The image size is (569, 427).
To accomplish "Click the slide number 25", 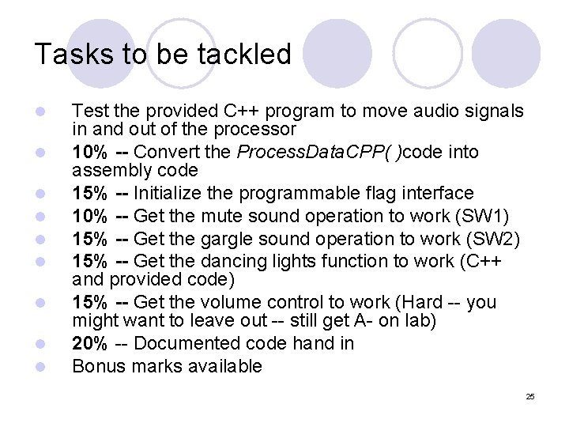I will (x=530, y=396).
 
